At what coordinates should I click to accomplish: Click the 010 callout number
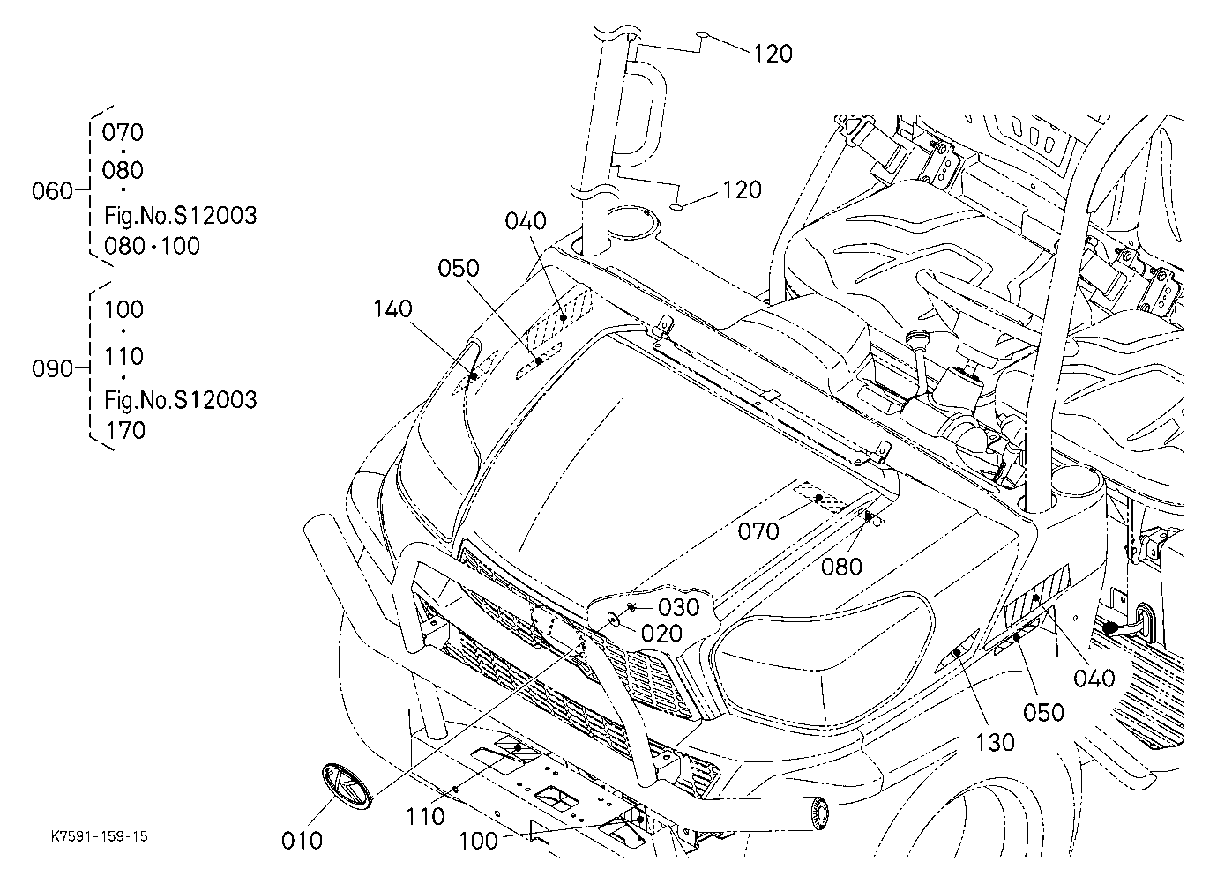coord(302,841)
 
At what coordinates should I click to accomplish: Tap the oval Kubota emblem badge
coord(347,787)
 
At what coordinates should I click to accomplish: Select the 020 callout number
coord(661,634)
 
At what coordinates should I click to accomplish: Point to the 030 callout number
coord(679,607)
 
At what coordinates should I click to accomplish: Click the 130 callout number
coord(995,742)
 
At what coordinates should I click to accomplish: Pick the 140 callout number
coord(392,309)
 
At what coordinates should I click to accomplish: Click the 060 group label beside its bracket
coord(52,191)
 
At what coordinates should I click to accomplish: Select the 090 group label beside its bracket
coord(52,368)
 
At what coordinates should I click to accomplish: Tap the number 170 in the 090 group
coord(126,431)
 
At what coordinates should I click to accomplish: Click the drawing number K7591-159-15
coord(100,835)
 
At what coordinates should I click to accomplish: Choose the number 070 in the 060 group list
coord(123,132)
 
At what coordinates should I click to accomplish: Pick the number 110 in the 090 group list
coord(123,356)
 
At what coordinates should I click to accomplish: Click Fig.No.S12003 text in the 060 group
coord(181,216)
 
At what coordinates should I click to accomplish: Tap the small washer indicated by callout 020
coord(614,619)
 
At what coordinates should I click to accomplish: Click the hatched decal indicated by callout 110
coord(517,748)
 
